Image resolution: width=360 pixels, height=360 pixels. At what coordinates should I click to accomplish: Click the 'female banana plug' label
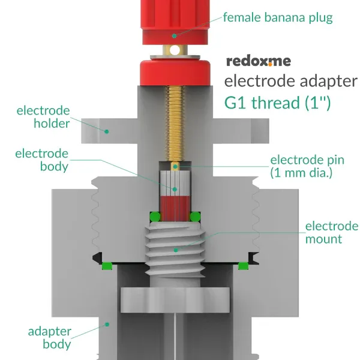pos(277,17)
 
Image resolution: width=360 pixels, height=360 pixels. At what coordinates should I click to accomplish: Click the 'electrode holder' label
pos(43,117)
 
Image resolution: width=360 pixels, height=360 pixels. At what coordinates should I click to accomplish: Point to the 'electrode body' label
pos(42,160)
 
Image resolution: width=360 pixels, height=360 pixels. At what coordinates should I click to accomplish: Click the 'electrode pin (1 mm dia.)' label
pos(307,167)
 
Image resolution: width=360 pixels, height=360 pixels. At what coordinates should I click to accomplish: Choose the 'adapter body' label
pos(50,338)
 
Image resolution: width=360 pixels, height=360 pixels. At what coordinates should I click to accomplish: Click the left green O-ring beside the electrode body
pos(155,216)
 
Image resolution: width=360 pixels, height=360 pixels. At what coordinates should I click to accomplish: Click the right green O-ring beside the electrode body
pos(196,216)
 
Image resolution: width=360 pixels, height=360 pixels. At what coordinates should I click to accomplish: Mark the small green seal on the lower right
pos(243,265)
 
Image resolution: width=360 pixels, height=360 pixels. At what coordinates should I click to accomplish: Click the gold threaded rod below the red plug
pos(175,120)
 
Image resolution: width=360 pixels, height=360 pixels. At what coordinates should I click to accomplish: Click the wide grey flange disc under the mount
pos(175,301)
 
